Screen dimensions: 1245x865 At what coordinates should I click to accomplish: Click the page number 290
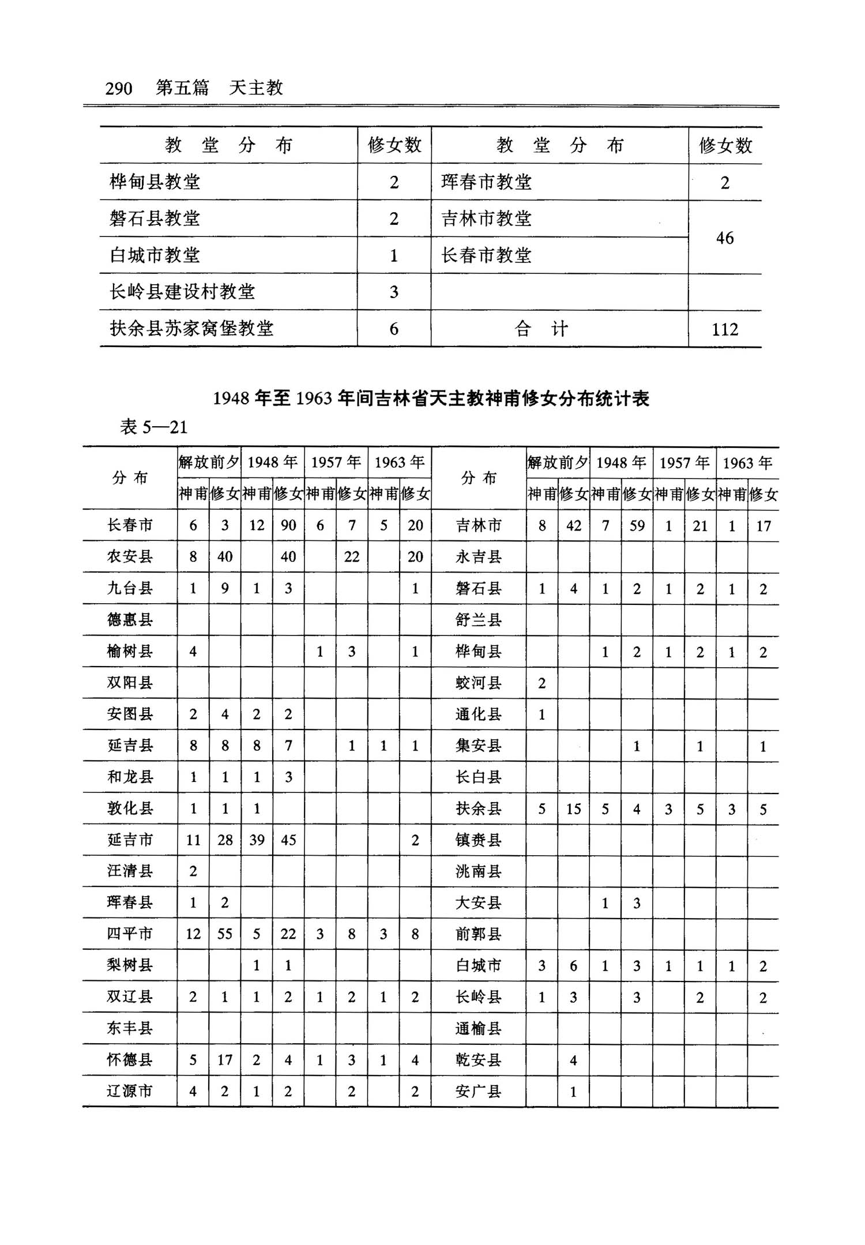click(119, 88)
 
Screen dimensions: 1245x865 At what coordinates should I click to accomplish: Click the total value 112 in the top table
click(725, 329)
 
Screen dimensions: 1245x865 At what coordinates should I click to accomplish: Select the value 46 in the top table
click(725, 238)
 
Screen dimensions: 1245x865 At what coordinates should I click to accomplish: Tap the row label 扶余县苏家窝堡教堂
click(191, 329)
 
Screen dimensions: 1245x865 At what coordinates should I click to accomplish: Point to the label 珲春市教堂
click(486, 182)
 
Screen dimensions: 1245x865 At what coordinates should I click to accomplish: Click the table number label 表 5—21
click(153, 427)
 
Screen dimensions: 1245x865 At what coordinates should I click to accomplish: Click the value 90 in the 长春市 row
click(288, 525)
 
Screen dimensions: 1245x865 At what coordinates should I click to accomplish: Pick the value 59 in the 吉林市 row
click(637, 525)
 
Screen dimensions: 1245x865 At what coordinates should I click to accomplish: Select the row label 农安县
click(130, 556)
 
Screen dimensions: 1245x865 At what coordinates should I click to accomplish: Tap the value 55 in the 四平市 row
click(225, 934)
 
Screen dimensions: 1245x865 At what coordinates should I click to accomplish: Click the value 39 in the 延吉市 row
click(257, 840)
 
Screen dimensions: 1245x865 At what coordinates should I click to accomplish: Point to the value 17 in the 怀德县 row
click(225, 1059)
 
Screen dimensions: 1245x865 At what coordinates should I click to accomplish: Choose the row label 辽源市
click(130, 1091)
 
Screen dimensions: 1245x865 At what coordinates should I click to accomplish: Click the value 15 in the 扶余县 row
click(573, 808)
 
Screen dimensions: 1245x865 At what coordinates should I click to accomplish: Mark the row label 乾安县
click(478, 1060)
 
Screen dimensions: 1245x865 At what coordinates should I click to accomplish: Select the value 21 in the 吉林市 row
click(700, 525)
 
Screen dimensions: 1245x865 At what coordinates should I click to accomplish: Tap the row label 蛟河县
click(478, 683)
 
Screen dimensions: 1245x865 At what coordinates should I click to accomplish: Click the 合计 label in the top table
click(541, 329)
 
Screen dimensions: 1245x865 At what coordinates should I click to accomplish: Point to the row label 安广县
click(478, 1092)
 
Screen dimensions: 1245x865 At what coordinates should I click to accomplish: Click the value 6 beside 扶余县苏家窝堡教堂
click(394, 329)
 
